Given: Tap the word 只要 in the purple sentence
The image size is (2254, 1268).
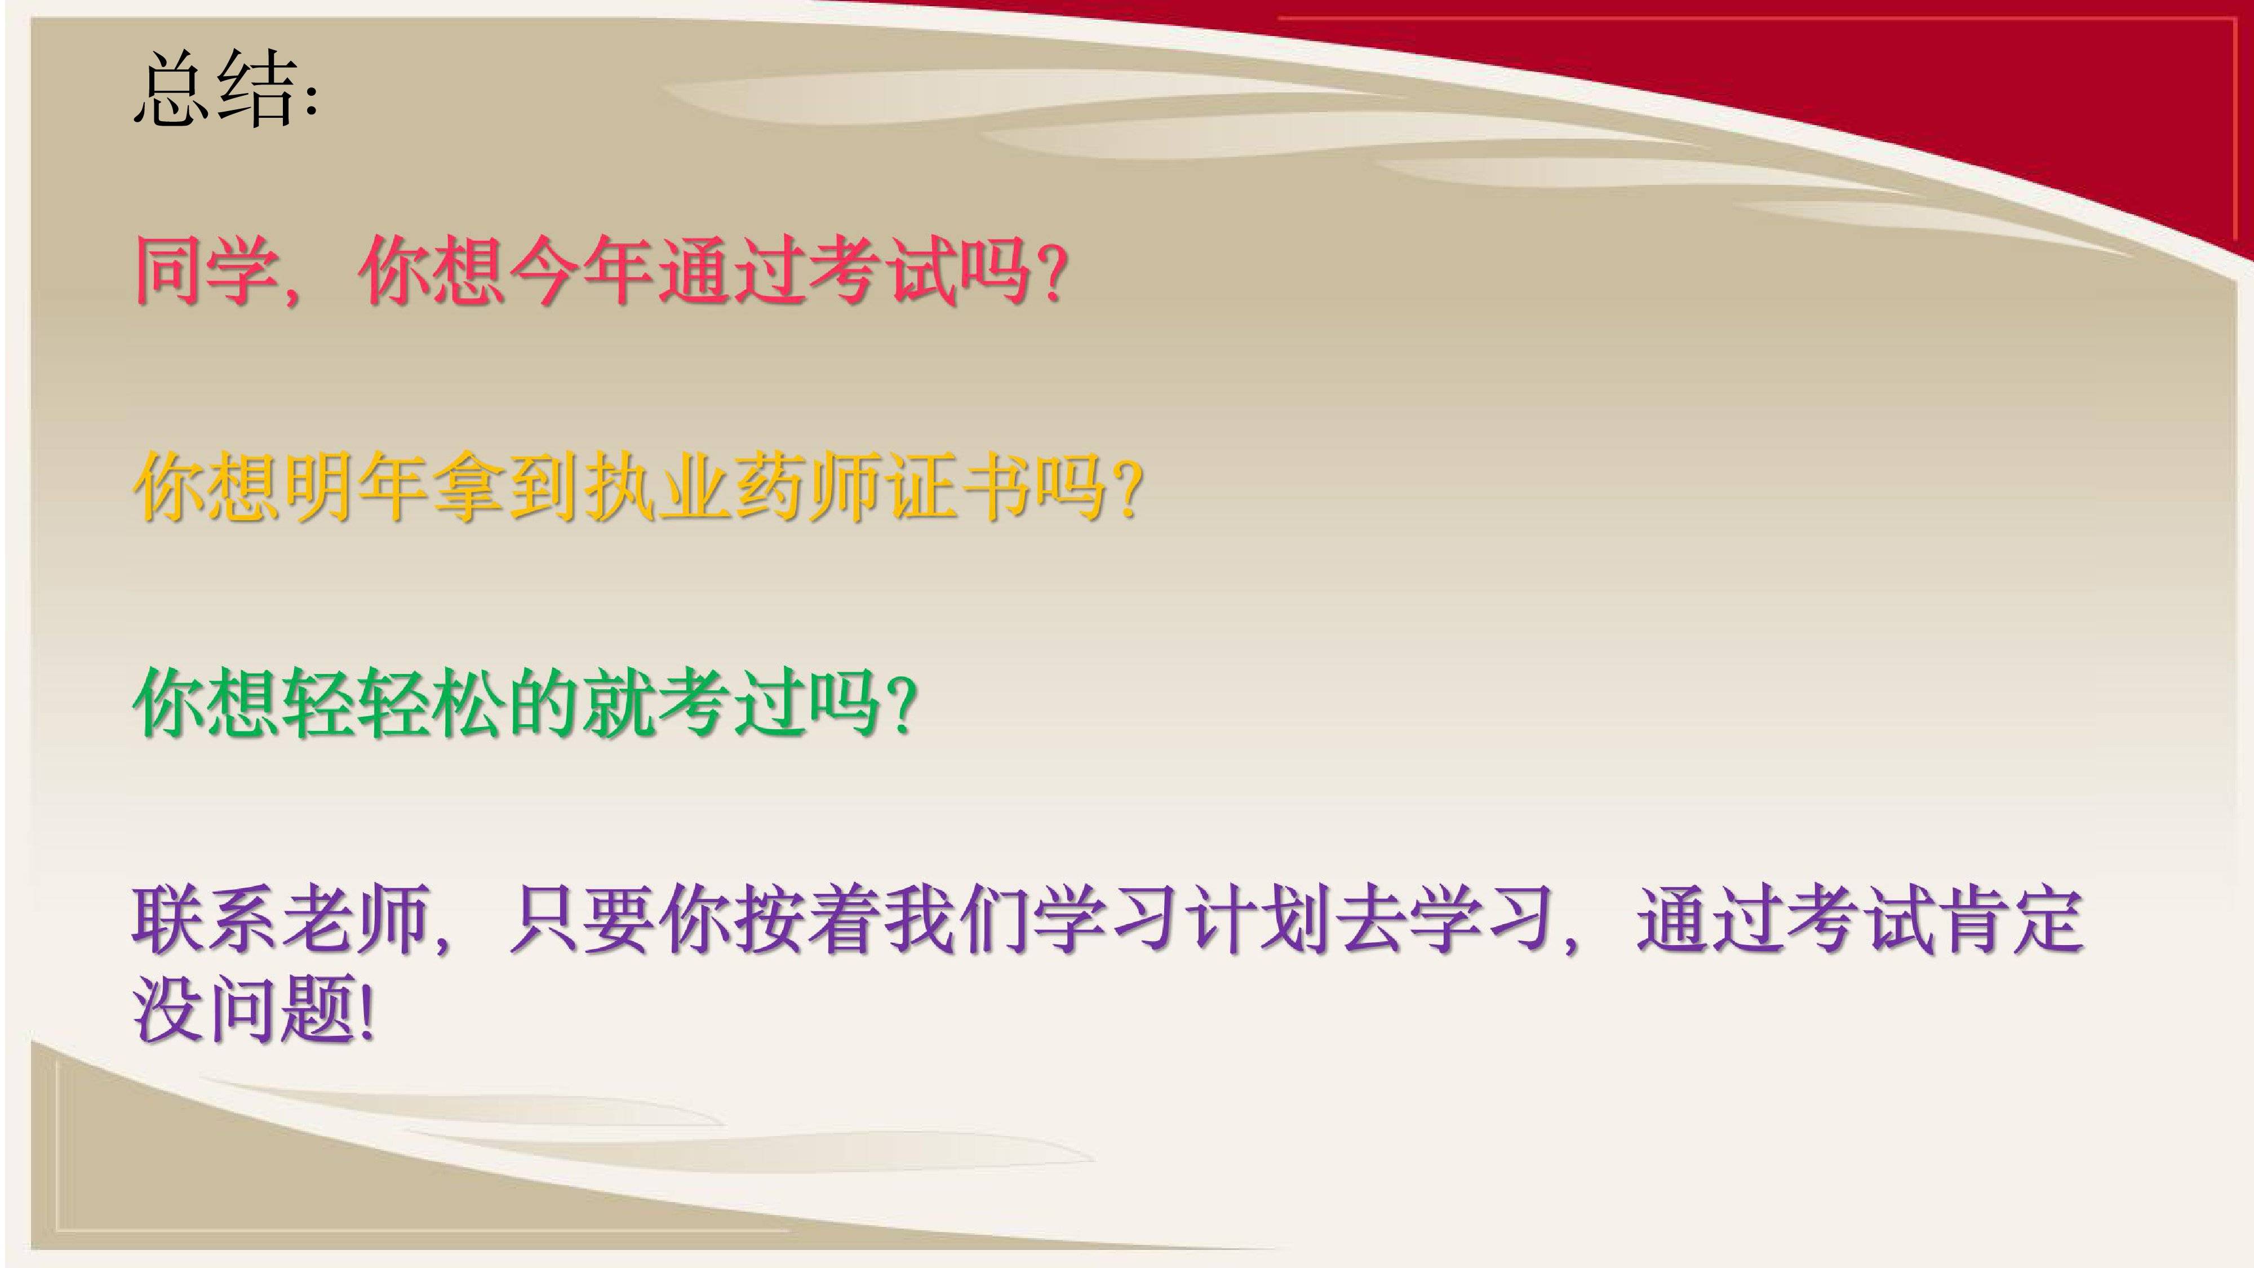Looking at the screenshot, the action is [x=580, y=919].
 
